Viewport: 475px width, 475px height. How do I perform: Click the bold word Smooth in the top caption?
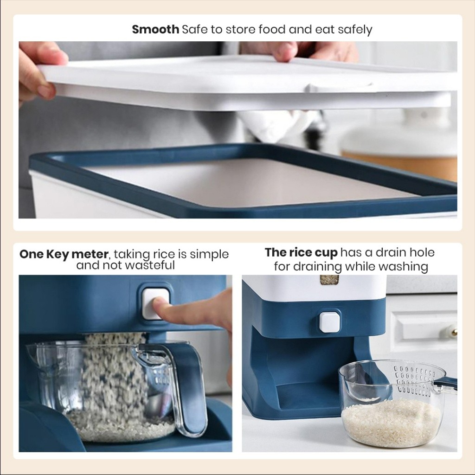coord(155,29)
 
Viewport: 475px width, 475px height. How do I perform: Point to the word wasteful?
coord(151,265)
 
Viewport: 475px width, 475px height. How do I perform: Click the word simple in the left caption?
coord(209,255)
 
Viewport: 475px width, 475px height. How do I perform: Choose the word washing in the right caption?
coord(403,267)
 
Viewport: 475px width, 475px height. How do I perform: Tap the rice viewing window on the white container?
coord(329,280)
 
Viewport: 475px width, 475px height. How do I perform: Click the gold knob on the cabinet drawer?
coord(454,332)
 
